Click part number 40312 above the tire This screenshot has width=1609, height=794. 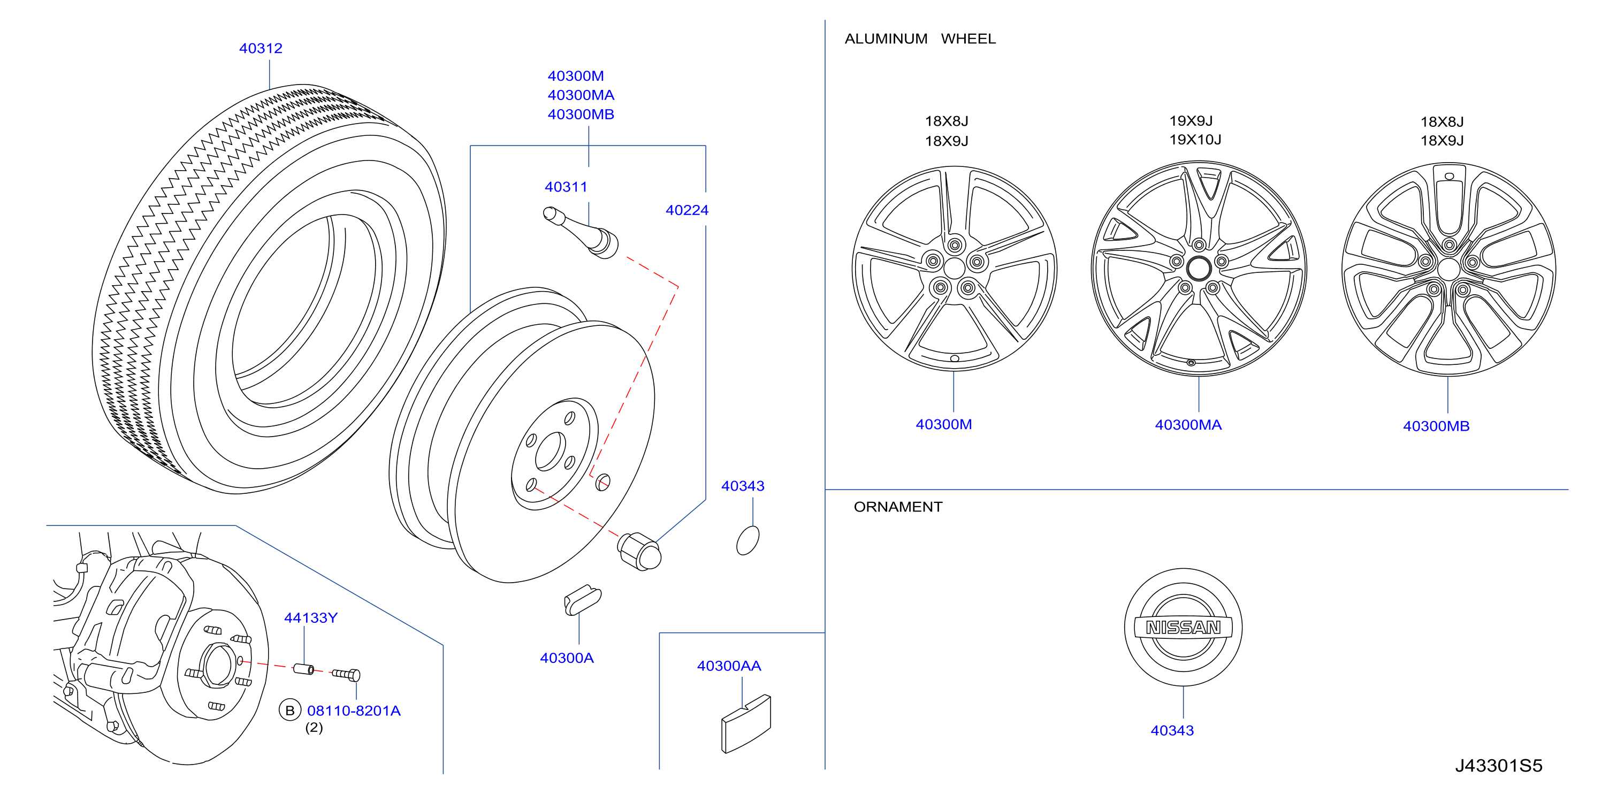pos(261,48)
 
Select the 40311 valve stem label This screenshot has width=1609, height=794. pos(566,187)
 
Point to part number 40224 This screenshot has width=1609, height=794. pos(687,210)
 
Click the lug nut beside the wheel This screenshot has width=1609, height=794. pos(639,551)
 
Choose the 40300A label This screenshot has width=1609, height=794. pos(567,658)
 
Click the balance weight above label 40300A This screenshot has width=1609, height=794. pos(582,600)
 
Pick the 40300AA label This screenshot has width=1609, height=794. pos(729,666)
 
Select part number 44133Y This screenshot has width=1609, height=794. pos(310,618)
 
